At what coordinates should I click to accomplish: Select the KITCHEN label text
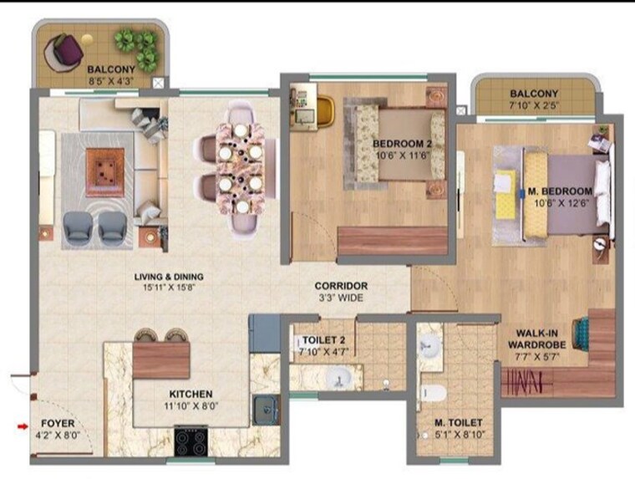191,394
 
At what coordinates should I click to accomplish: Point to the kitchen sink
266,408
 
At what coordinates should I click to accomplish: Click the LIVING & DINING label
170,277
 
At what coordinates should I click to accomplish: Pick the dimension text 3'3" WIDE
341,297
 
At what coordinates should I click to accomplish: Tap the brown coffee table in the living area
104,171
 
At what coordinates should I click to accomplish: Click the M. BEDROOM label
560,191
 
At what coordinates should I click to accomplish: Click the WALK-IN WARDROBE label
541,339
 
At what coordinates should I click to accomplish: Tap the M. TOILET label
456,423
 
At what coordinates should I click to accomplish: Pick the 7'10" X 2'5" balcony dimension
535,105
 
